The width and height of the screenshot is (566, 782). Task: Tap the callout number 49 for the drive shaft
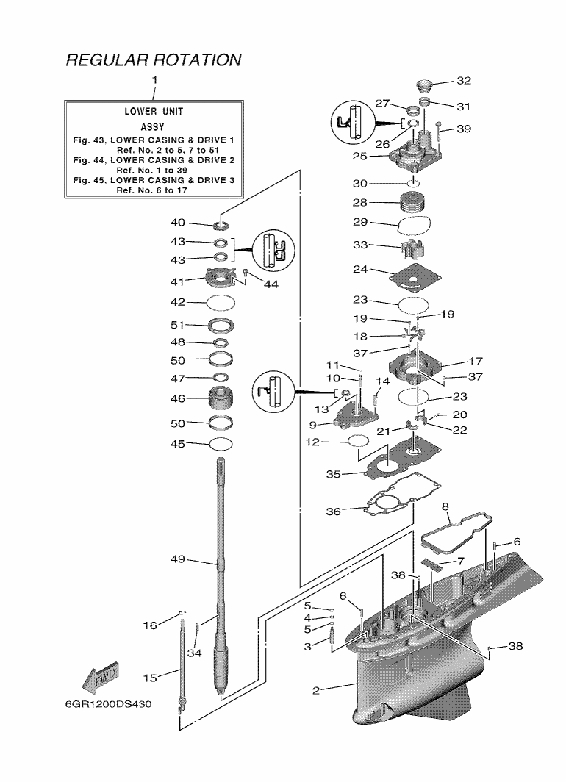177,559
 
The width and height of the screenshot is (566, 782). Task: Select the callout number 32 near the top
464,81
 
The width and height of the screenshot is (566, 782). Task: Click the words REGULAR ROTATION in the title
154,60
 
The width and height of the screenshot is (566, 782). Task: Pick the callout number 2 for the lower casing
315,690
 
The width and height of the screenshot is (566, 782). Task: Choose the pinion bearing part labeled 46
222,401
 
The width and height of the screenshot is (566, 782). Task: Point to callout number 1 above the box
154,79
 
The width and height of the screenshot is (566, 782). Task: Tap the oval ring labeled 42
221,301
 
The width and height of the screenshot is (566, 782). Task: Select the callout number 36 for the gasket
333,512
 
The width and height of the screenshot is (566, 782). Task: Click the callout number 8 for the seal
445,506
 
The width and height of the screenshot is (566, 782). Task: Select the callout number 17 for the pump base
475,362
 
